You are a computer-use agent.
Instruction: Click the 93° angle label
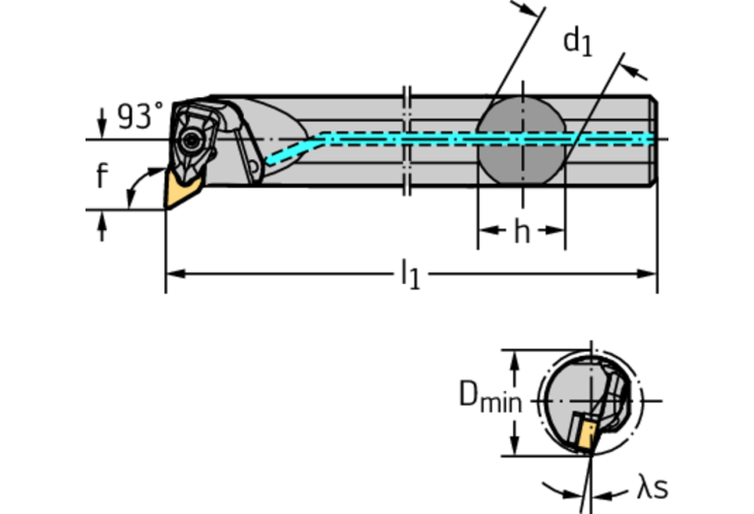(141, 117)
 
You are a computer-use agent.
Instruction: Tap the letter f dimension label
(101, 178)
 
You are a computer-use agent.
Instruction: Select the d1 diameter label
(578, 41)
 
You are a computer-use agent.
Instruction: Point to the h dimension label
(521, 233)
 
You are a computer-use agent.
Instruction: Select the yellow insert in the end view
(588, 436)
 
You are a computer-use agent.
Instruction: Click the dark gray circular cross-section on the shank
(521, 139)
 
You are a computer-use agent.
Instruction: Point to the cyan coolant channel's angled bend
(295, 148)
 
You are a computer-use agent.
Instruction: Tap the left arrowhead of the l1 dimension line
(173, 274)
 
